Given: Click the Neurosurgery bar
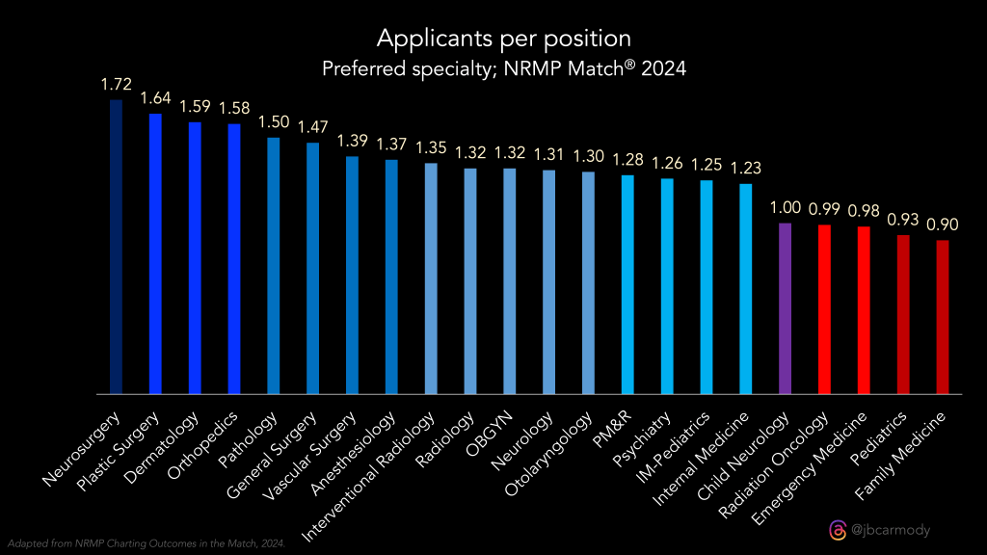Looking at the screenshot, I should (x=116, y=247).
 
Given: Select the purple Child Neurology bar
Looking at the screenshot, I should (x=785, y=308).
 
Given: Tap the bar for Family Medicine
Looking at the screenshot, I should (x=942, y=317).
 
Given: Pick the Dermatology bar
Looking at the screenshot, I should (x=195, y=258).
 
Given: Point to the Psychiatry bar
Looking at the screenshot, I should (x=667, y=286).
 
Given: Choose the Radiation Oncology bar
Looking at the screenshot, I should (x=824, y=309).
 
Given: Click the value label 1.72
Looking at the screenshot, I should (x=116, y=85).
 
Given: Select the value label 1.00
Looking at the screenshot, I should (x=785, y=208).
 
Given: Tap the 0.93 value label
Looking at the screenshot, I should (x=902, y=220).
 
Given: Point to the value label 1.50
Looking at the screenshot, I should (x=273, y=122).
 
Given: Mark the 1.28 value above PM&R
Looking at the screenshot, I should (x=627, y=159).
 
